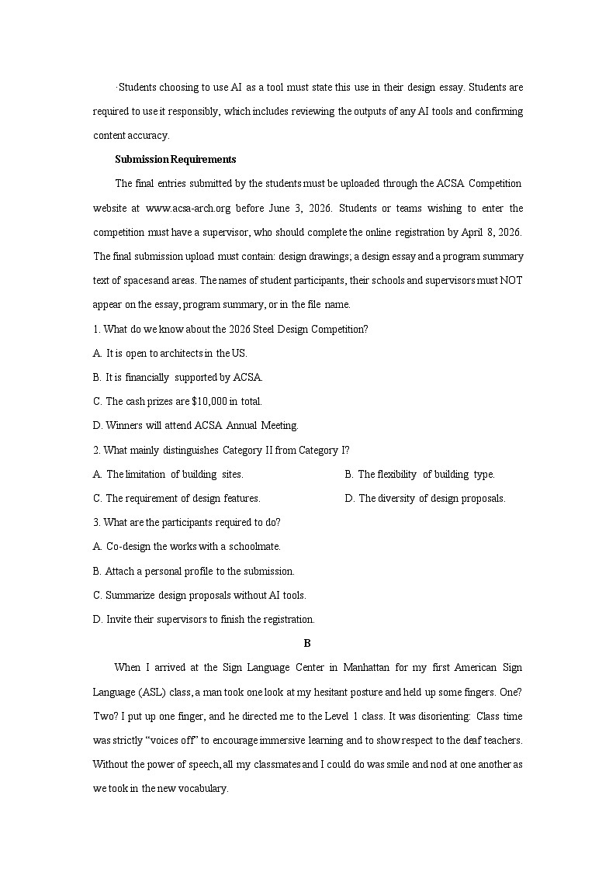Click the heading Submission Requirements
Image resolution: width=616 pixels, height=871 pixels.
[x=175, y=159]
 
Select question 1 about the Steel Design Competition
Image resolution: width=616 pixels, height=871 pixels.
[x=230, y=329]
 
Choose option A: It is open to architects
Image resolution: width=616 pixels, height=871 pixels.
[x=170, y=353]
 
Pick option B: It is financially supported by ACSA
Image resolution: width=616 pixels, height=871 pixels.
[x=178, y=377]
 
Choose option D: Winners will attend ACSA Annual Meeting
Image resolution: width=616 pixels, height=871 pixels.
[x=196, y=425]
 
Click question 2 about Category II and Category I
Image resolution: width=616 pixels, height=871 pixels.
[x=221, y=450]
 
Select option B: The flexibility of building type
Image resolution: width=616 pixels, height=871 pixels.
[x=420, y=474]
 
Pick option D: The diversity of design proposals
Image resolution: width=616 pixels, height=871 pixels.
[x=425, y=498]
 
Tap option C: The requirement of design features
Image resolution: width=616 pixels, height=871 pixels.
[x=177, y=498]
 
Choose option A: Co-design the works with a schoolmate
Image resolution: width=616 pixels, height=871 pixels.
[x=187, y=546]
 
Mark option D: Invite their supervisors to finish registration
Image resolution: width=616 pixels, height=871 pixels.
[x=204, y=619]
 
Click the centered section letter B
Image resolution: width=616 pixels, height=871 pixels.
[x=307, y=643]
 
